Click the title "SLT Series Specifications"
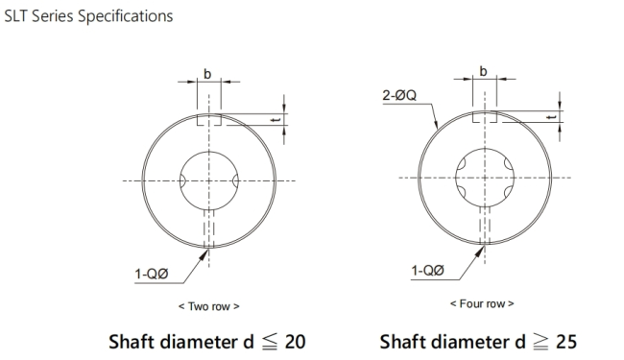tap(88, 16)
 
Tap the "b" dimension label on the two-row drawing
tap(207, 74)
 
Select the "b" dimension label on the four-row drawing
tap(483, 71)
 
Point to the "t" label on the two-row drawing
tap(277, 119)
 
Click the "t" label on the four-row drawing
tap(552, 117)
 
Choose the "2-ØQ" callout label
tap(399, 95)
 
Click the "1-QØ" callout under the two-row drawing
tap(152, 274)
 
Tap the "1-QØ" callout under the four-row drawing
tap(427, 271)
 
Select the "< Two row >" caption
tap(209, 306)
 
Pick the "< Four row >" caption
tap(482, 304)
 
